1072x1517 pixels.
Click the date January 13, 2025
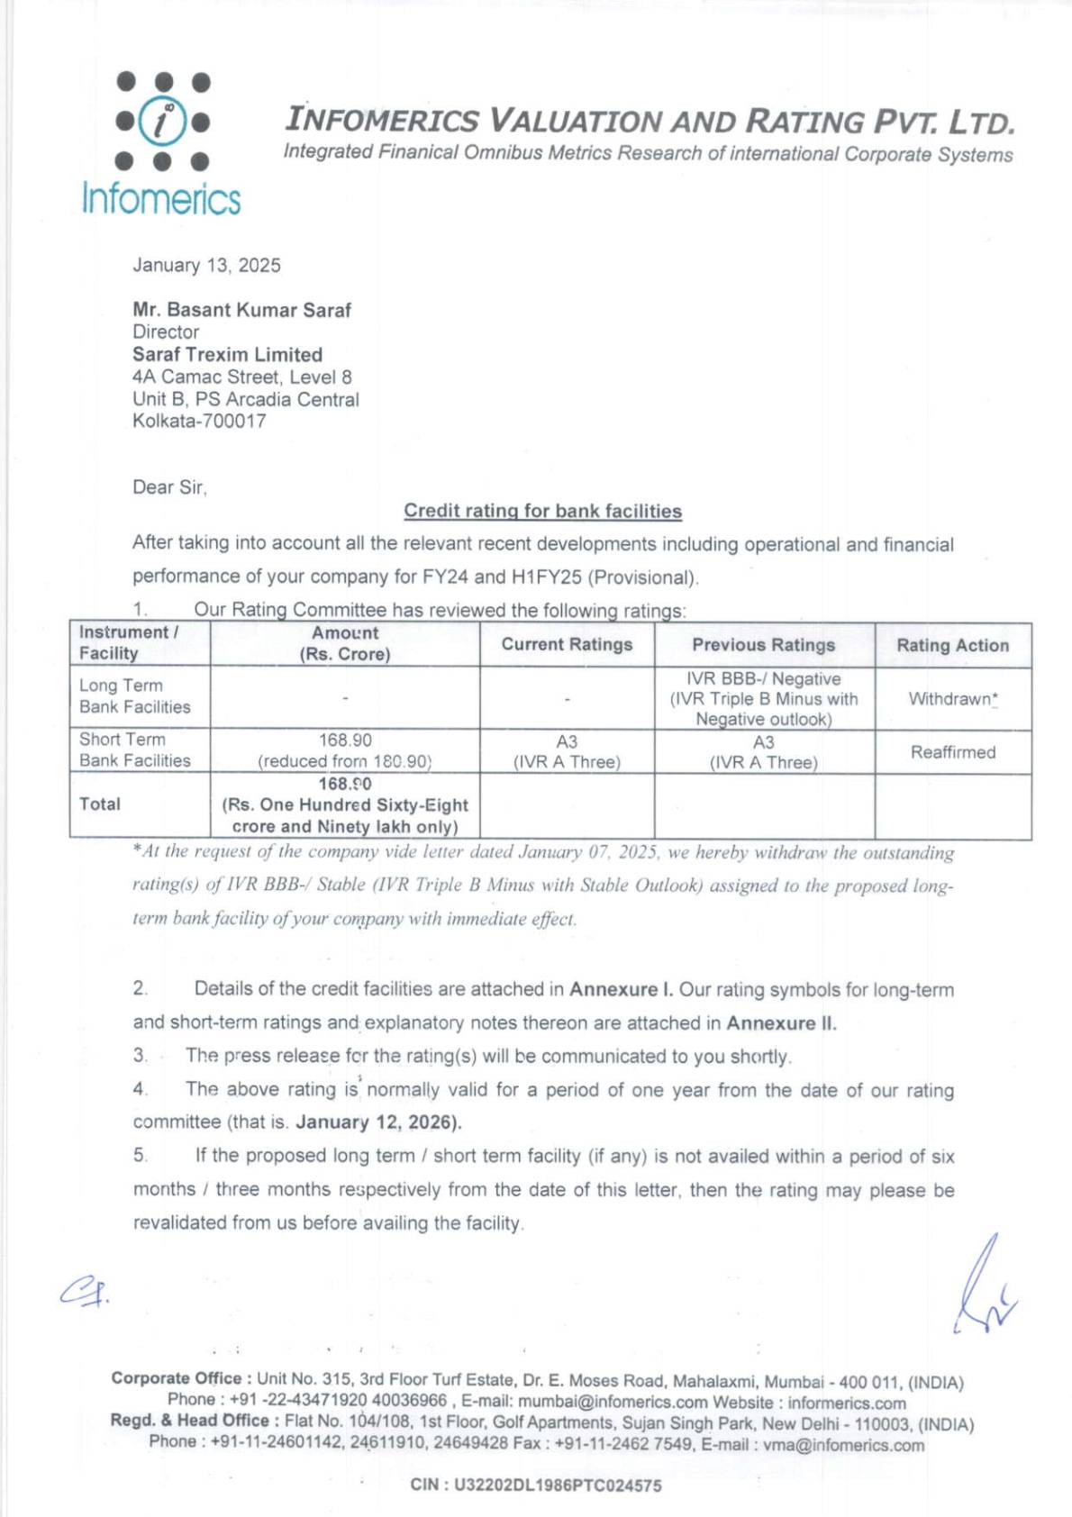[x=206, y=265]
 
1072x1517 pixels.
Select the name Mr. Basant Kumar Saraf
[x=241, y=310]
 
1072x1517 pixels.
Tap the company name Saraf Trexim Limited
[x=227, y=354]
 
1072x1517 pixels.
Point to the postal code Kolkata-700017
[x=199, y=421]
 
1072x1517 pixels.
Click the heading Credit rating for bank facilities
[x=542, y=511]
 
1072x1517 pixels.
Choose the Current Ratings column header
[x=567, y=644]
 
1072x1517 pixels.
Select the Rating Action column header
[x=952, y=645]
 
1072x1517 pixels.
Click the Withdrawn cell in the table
[x=952, y=698]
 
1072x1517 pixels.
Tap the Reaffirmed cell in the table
[x=952, y=751]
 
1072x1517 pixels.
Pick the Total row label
[x=99, y=804]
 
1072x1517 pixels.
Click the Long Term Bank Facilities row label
[x=134, y=695]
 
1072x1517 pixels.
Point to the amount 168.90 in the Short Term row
[x=345, y=740]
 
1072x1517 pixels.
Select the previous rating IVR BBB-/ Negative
[x=763, y=678]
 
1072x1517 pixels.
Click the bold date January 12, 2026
[x=378, y=1122]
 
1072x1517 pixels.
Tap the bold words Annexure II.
[x=781, y=1022]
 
